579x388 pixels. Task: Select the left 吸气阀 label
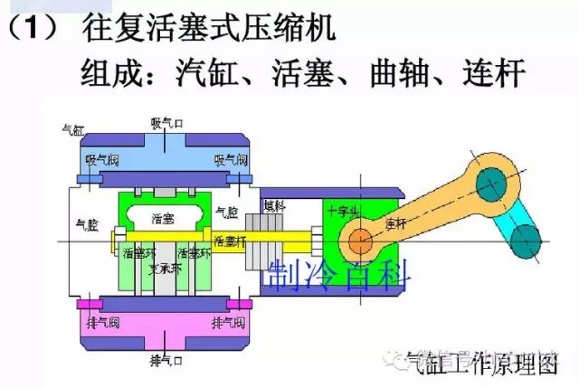tap(102, 159)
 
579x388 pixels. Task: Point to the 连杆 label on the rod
tap(395, 222)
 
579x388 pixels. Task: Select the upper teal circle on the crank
tap(491, 189)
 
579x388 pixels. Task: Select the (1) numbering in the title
tap(35, 26)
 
